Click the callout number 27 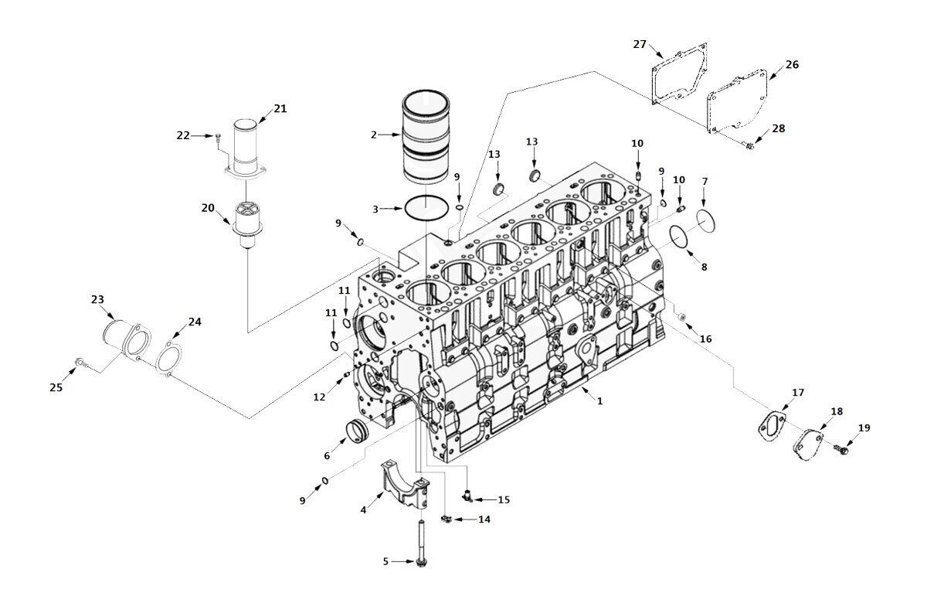(x=640, y=44)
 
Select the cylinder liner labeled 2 (x=426, y=137)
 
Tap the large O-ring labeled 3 (x=426, y=209)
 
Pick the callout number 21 (x=280, y=109)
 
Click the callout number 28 (x=779, y=128)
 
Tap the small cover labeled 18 (x=808, y=445)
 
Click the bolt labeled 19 (x=841, y=449)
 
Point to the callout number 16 (x=705, y=339)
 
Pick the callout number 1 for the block (x=599, y=401)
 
